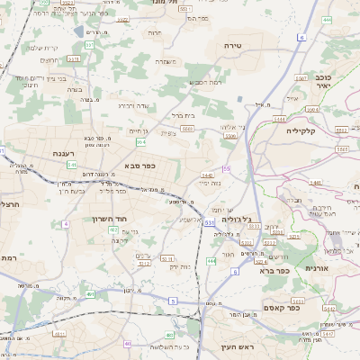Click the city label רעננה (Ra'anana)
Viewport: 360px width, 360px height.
63,153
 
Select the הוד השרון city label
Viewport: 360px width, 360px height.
112,219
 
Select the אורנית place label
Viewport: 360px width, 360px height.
323,268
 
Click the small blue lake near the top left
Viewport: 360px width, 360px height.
80,31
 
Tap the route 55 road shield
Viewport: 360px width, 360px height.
227,169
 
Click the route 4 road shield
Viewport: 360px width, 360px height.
65,223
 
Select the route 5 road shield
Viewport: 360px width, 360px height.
171,300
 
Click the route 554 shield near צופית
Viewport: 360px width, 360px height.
141,141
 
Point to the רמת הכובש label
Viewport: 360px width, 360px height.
204,83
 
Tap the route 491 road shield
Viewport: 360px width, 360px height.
91,293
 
